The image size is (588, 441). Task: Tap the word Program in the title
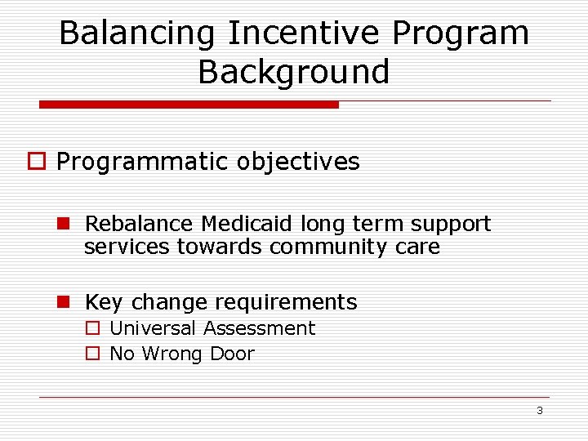click(461, 34)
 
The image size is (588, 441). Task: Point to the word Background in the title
click(294, 72)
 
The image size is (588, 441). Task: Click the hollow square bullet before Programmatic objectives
click(36, 163)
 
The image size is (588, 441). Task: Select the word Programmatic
click(142, 163)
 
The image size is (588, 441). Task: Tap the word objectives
click(298, 162)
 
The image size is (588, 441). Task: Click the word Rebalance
click(139, 224)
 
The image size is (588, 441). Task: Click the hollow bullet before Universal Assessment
click(92, 329)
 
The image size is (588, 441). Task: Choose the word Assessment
click(259, 328)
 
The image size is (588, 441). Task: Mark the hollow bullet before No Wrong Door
click(92, 354)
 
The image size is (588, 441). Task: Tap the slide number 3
click(540, 410)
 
